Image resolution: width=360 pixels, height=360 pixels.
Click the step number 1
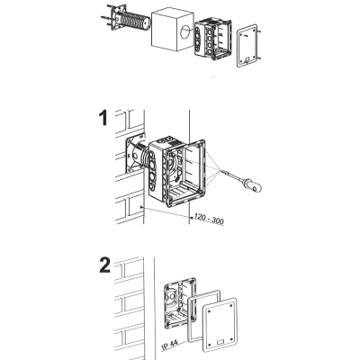point(103,118)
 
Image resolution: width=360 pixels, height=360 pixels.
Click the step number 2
point(104,265)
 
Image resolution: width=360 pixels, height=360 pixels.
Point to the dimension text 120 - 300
point(209,219)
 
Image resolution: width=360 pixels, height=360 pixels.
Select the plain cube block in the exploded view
point(172,32)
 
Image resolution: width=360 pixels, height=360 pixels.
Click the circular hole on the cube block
point(185,31)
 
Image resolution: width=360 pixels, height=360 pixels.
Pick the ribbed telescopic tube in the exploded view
point(134,22)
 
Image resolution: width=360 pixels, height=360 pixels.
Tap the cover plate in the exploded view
point(247,46)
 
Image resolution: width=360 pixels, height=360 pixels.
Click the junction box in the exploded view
point(213,38)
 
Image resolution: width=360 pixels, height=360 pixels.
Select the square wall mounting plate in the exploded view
point(116,18)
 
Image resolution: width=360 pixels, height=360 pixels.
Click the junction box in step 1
point(177,172)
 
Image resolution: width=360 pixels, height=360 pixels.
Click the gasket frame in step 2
point(204,316)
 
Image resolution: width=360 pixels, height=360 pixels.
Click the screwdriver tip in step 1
point(222,171)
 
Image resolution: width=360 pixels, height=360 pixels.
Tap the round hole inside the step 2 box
point(172,298)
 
